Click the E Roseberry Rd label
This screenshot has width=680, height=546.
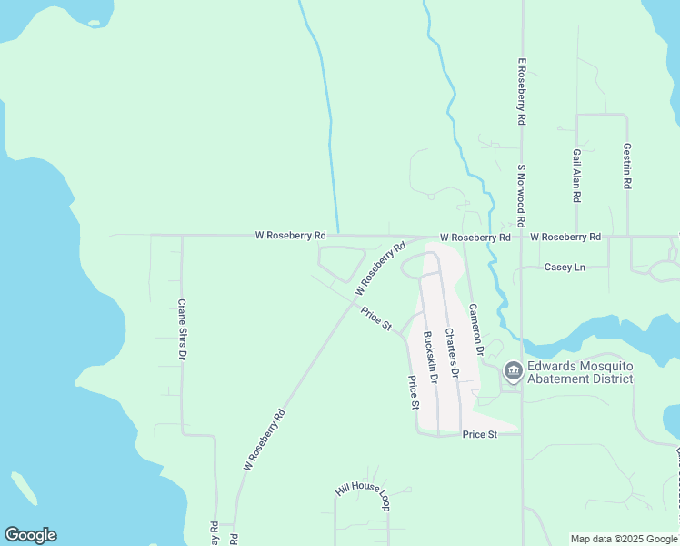[523, 92]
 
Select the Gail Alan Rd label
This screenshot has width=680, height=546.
[577, 176]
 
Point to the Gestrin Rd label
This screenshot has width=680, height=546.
[627, 165]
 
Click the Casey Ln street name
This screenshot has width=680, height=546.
[564, 267]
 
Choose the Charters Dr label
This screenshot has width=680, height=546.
[450, 353]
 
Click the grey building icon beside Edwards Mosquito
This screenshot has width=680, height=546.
[512, 370]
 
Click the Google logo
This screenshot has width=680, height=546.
[30, 535]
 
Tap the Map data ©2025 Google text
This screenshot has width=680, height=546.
[624, 539]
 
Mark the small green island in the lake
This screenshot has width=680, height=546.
[25, 489]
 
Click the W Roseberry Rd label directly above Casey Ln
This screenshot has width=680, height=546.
[565, 237]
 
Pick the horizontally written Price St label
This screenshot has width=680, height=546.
[479, 435]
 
